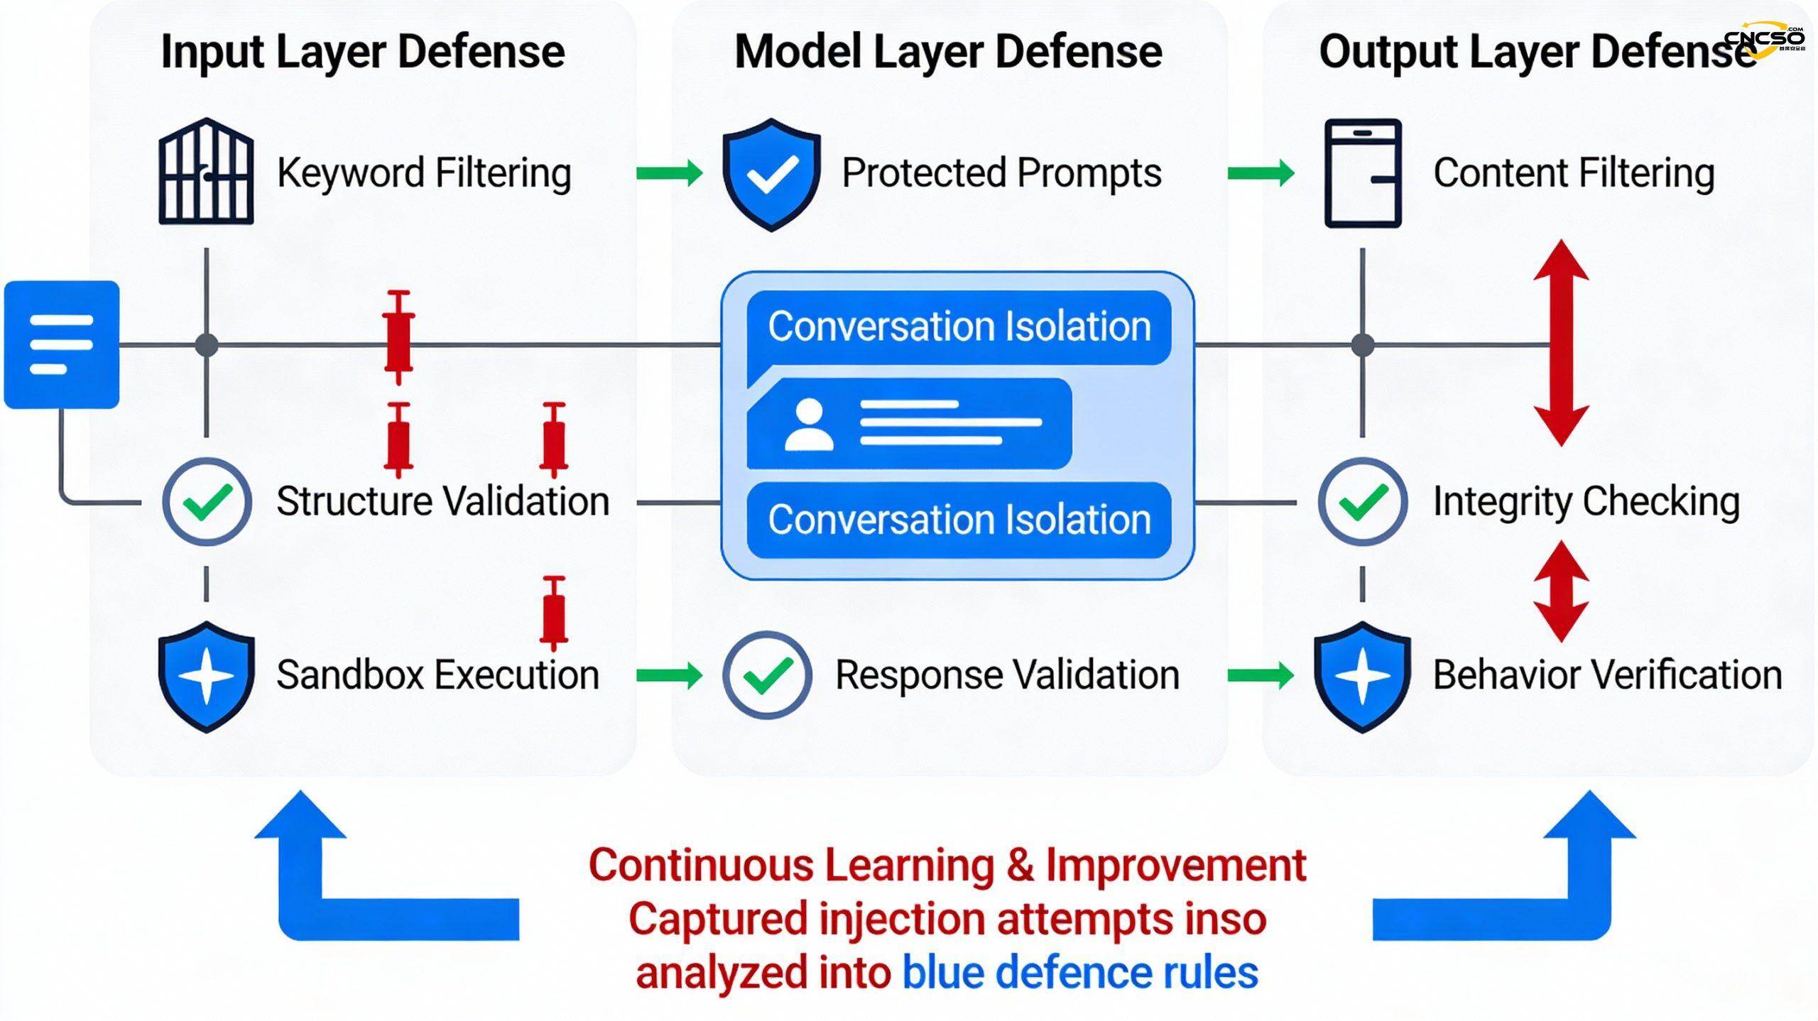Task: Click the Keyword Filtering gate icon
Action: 206,173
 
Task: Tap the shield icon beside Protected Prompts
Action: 771,174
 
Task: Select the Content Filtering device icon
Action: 1363,173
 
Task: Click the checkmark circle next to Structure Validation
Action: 207,502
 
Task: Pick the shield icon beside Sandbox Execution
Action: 207,676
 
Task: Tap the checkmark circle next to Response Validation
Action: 767,675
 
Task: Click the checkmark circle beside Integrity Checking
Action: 1362,502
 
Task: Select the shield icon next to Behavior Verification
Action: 1362,676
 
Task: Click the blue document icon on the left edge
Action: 62,344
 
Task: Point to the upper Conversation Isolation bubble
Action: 959,327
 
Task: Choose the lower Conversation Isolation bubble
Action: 959,520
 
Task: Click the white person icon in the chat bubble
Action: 809,424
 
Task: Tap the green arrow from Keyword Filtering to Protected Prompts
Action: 669,173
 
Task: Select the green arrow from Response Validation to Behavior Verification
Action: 1260,675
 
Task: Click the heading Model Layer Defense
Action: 948,52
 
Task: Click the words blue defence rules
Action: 1079,973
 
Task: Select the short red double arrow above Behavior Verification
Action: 1561,591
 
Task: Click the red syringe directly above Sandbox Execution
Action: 554,613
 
